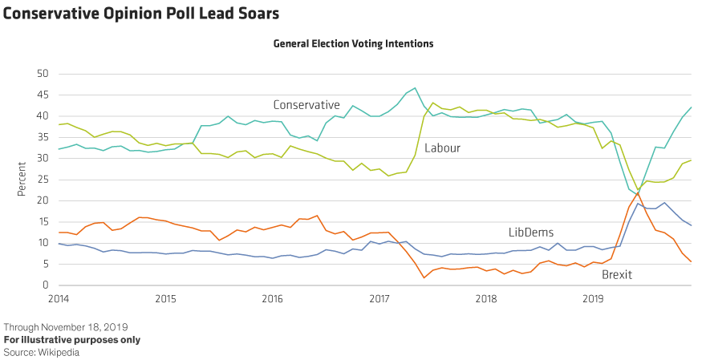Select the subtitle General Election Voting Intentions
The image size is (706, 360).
pyautogui.click(x=353, y=44)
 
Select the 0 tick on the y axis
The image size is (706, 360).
pyautogui.click(x=46, y=285)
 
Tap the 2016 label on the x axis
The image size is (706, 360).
pyautogui.click(x=273, y=298)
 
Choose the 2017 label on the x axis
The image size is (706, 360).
pyautogui.click(x=379, y=298)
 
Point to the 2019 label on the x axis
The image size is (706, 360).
pyautogui.click(x=594, y=298)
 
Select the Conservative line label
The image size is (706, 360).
pyautogui.click(x=306, y=105)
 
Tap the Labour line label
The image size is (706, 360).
pyautogui.click(x=441, y=148)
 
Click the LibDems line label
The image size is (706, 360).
pyautogui.click(x=531, y=233)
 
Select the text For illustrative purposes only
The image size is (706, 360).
pyautogui.click(x=72, y=339)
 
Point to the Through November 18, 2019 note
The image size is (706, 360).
pyautogui.click(x=66, y=327)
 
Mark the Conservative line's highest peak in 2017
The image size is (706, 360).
pyautogui.click(x=415, y=88)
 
